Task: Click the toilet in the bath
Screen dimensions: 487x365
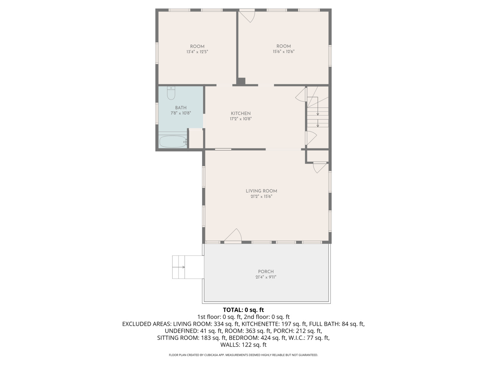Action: (171, 93)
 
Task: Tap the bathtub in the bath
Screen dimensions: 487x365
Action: (173, 141)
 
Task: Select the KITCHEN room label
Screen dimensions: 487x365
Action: (241, 113)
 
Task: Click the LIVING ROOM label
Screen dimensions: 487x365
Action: (261, 191)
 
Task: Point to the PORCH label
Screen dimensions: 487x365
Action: (266, 271)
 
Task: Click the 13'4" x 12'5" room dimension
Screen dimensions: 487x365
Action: (197, 52)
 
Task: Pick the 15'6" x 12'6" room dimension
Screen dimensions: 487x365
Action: (283, 52)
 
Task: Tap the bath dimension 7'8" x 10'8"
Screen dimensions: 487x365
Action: (181, 113)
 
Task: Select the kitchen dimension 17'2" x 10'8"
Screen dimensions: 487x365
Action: (241, 119)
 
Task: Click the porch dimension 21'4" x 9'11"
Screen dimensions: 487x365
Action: (266, 277)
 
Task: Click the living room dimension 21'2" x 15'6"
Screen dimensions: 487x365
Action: (261, 196)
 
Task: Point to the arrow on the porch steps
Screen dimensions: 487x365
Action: (179, 267)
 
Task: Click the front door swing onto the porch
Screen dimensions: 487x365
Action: (233, 235)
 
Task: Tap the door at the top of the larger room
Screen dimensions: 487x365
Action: (247, 16)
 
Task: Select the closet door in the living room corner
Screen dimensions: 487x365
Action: (320, 168)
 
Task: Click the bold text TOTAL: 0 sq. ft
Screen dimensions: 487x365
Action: (243, 310)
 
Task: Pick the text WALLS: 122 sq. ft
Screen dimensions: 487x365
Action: (243, 345)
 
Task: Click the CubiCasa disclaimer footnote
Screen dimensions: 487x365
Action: (243, 355)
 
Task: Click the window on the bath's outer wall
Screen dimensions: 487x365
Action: (157, 113)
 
